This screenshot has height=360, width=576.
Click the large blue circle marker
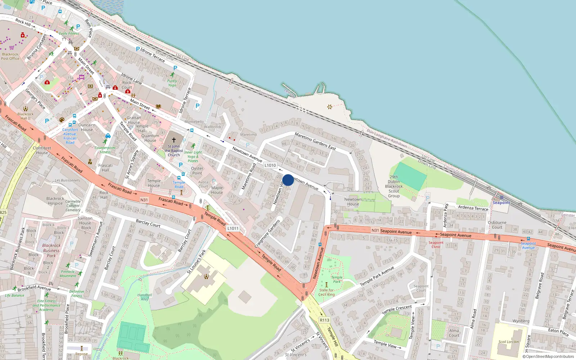coord(288,180)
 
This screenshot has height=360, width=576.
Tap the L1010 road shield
coord(270,165)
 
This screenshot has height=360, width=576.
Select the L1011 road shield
coord(233,228)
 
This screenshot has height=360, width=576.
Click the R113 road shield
coord(324,320)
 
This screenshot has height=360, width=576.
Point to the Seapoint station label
coord(501,203)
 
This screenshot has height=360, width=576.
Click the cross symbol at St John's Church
coord(174,140)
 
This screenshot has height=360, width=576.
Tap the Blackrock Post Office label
coord(10,57)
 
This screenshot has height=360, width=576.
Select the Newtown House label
coord(353,202)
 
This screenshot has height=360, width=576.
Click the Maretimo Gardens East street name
coord(315,141)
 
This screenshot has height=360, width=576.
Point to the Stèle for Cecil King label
coord(327,292)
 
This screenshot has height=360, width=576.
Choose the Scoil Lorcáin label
coord(509,342)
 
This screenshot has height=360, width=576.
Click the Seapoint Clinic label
coord(436,244)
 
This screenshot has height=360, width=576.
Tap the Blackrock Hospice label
coord(55,201)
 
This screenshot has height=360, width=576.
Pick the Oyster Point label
coord(197,171)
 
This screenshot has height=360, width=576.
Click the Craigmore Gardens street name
coord(267,234)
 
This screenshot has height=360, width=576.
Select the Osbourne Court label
coord(497,225)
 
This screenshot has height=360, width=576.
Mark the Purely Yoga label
coord(172,83)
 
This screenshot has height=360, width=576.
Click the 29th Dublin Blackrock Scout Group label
coord(394,186)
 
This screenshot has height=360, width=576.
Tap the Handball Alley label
coord(145,297)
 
